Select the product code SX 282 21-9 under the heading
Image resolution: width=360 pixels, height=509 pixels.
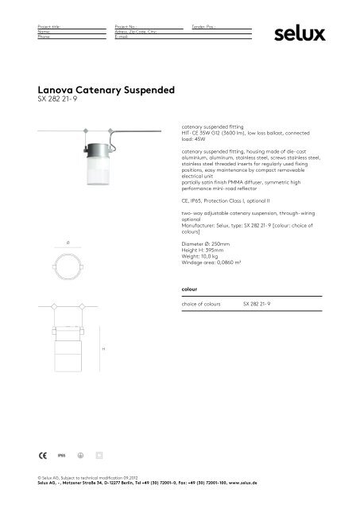pyautogui.click(x=52, y=103)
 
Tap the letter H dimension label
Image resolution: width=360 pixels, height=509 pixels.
pyautogui.click(x=103, y=348)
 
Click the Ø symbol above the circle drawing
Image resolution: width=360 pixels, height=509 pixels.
pyautogui.click(x=71, y=239)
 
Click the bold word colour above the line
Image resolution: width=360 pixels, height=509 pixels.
pyautogui.click(x=191, y=287)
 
